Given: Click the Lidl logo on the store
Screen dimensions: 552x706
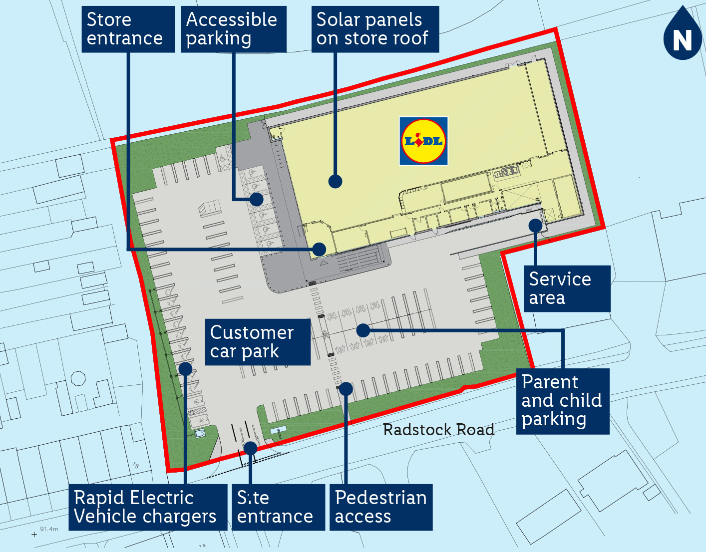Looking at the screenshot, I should coord(423,141).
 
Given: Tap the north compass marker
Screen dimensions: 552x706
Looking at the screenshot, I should coord(683,35).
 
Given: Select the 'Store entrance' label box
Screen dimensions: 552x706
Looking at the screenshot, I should coord(128,29).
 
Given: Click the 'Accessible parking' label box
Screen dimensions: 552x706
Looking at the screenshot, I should coord(233,29).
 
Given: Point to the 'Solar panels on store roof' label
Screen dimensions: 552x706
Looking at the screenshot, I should coord(375,29).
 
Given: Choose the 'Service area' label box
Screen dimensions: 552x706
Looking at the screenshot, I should coord(567,288).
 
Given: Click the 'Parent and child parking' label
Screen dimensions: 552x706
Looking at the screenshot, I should coord(563,401).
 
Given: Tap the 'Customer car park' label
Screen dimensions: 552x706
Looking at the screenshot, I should coord(258,342).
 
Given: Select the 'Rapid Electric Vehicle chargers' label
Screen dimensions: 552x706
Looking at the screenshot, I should coord(147,507).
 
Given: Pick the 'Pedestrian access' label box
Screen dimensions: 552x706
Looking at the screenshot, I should coord(381,507).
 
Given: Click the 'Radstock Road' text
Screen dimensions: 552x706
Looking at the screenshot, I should coord(438,430).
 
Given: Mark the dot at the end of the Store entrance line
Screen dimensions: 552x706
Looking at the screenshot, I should coord(319,249).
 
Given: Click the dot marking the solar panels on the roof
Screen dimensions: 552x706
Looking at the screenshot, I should coord(335,181).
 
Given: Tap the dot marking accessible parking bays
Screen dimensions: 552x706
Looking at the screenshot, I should coord(257,199).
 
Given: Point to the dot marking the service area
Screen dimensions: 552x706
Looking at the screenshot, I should coord(535,226).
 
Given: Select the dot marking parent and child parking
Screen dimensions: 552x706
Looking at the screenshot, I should coord(363,330).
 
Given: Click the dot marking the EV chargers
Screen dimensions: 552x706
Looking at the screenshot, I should coord(185,369).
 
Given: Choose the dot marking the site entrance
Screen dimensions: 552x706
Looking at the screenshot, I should coord(250,448).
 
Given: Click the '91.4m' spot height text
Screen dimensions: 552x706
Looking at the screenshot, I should coord(49,529).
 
